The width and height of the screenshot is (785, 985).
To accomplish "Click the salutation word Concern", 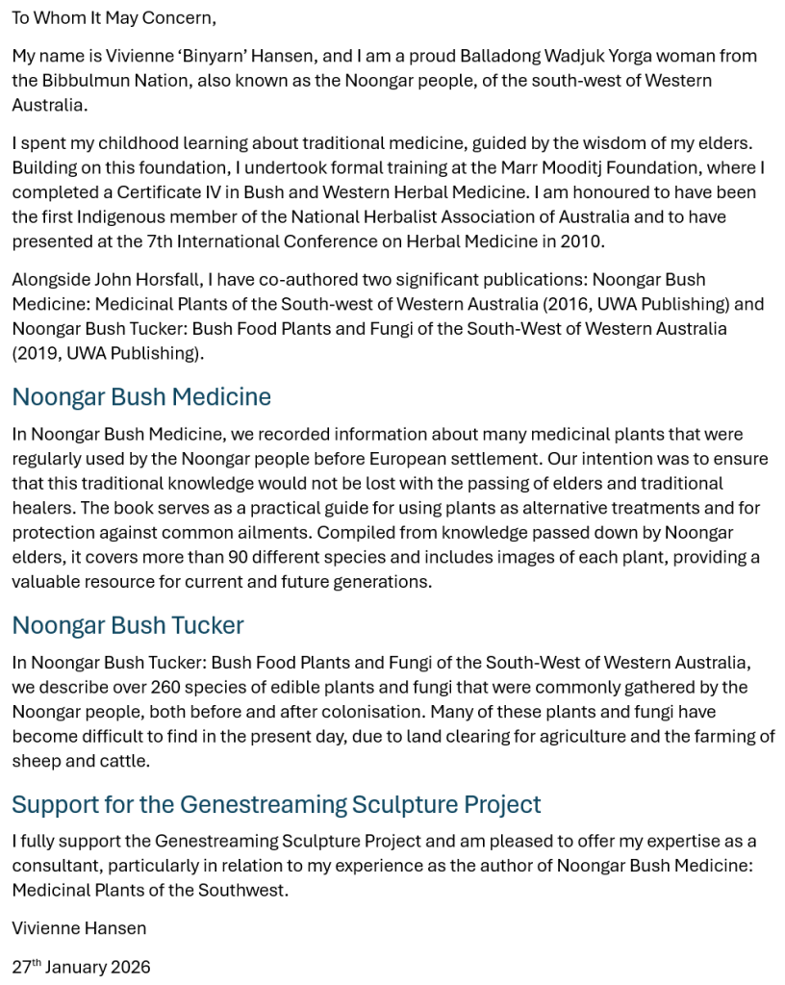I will click(178, 18).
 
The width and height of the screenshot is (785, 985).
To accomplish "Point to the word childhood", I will click(127, 143).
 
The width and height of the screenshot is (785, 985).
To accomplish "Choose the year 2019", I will click(39, 353).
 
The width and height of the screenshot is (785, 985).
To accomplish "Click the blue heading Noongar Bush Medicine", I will click(141, 397).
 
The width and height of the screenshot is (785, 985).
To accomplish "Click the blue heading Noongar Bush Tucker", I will click(128, 625).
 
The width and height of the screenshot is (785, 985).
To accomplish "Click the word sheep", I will click(36, 761).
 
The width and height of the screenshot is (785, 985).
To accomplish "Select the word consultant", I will click(53, 866).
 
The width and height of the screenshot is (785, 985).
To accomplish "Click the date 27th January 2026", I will click(82, 967).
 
